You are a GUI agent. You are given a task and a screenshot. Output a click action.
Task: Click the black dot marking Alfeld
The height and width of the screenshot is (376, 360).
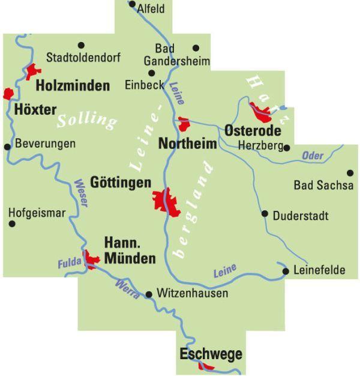coord(132,4)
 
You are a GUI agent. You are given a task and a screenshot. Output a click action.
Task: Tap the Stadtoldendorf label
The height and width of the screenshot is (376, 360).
coord(83,58)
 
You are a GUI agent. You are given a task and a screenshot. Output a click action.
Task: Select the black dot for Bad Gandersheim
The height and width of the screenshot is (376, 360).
coord(195,47)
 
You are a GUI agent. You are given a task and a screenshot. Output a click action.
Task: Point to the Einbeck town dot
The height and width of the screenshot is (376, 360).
coord(151,73)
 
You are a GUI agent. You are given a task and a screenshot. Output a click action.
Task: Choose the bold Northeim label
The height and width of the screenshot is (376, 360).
coord(187,144)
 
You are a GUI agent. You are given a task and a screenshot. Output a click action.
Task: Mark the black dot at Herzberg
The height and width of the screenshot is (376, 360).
coord(287,147)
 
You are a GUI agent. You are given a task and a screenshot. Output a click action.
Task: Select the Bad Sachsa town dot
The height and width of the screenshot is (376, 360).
coord(350,172)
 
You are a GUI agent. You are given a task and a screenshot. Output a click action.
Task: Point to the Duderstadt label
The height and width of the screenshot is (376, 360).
coord(301,215)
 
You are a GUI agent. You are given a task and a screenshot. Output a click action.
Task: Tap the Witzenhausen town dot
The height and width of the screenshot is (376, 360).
coord(149,294)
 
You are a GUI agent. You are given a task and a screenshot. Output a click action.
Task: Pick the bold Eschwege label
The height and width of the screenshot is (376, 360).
coord(211,354)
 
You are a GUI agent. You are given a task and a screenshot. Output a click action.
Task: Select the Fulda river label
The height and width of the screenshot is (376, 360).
coord(69,264)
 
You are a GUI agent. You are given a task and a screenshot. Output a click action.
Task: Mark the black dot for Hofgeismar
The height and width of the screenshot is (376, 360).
coord(11,224)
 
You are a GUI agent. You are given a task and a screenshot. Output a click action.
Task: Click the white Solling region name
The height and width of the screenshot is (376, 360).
coord(86,120)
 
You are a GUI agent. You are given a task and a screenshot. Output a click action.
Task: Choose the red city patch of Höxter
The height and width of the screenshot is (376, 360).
coord(8,94)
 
